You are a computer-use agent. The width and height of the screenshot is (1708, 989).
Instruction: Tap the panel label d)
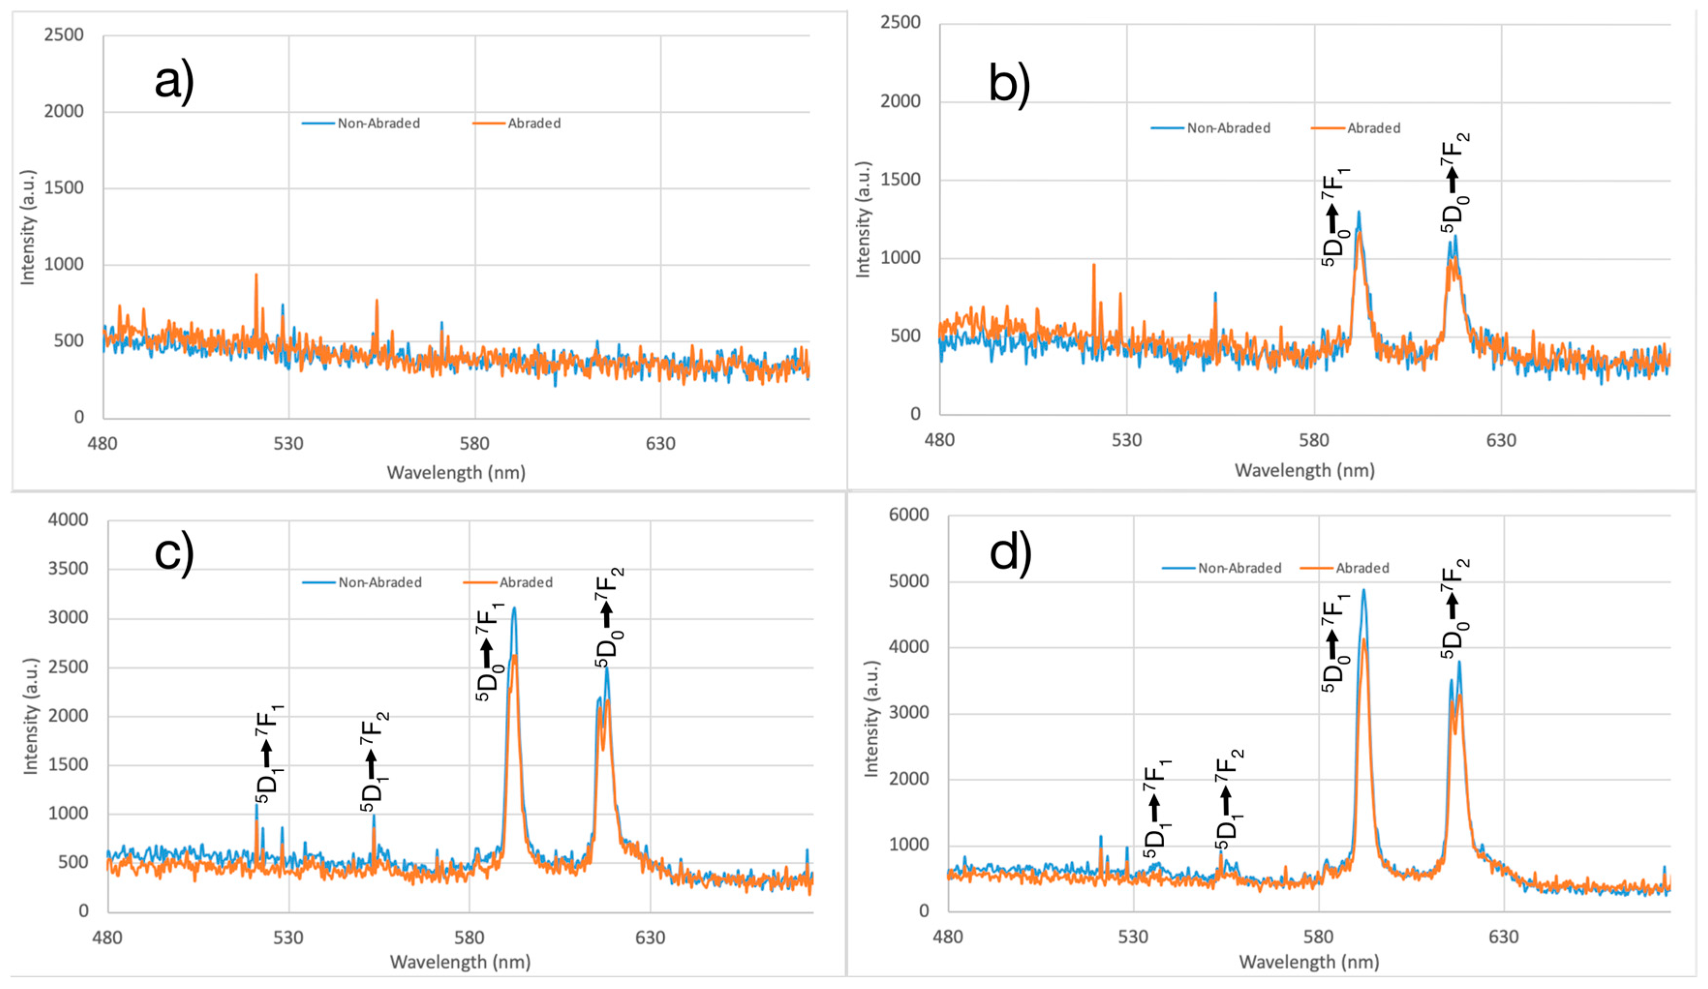coord(1010,554)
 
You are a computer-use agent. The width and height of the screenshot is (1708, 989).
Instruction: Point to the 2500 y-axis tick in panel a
coord(64,34)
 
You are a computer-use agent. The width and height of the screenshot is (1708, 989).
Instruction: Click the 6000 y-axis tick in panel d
coord(908,515)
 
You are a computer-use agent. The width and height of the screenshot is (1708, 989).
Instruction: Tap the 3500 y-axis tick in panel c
coord(68,569)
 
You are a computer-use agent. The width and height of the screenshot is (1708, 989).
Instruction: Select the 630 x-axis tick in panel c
coord(650,938)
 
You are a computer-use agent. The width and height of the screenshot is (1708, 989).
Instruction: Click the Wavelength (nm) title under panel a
coord(456,472)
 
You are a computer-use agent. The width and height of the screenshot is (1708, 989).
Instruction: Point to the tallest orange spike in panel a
coord(256,274)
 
